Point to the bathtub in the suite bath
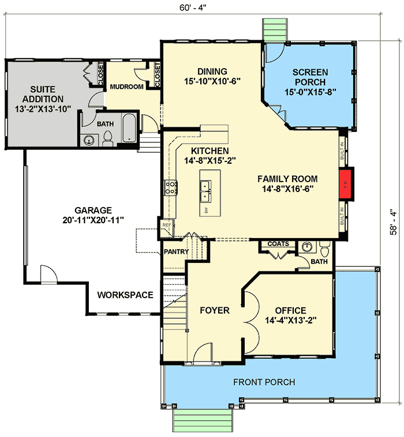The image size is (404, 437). tap(129, 129)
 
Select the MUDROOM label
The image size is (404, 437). tap(126, 87)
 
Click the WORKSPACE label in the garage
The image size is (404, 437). tap(125, 295)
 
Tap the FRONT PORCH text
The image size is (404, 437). tap(264, 382)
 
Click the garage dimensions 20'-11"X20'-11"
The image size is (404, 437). tap(92, 221)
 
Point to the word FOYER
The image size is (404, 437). tap(215, 311)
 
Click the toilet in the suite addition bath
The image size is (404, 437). tap(107, 138)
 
